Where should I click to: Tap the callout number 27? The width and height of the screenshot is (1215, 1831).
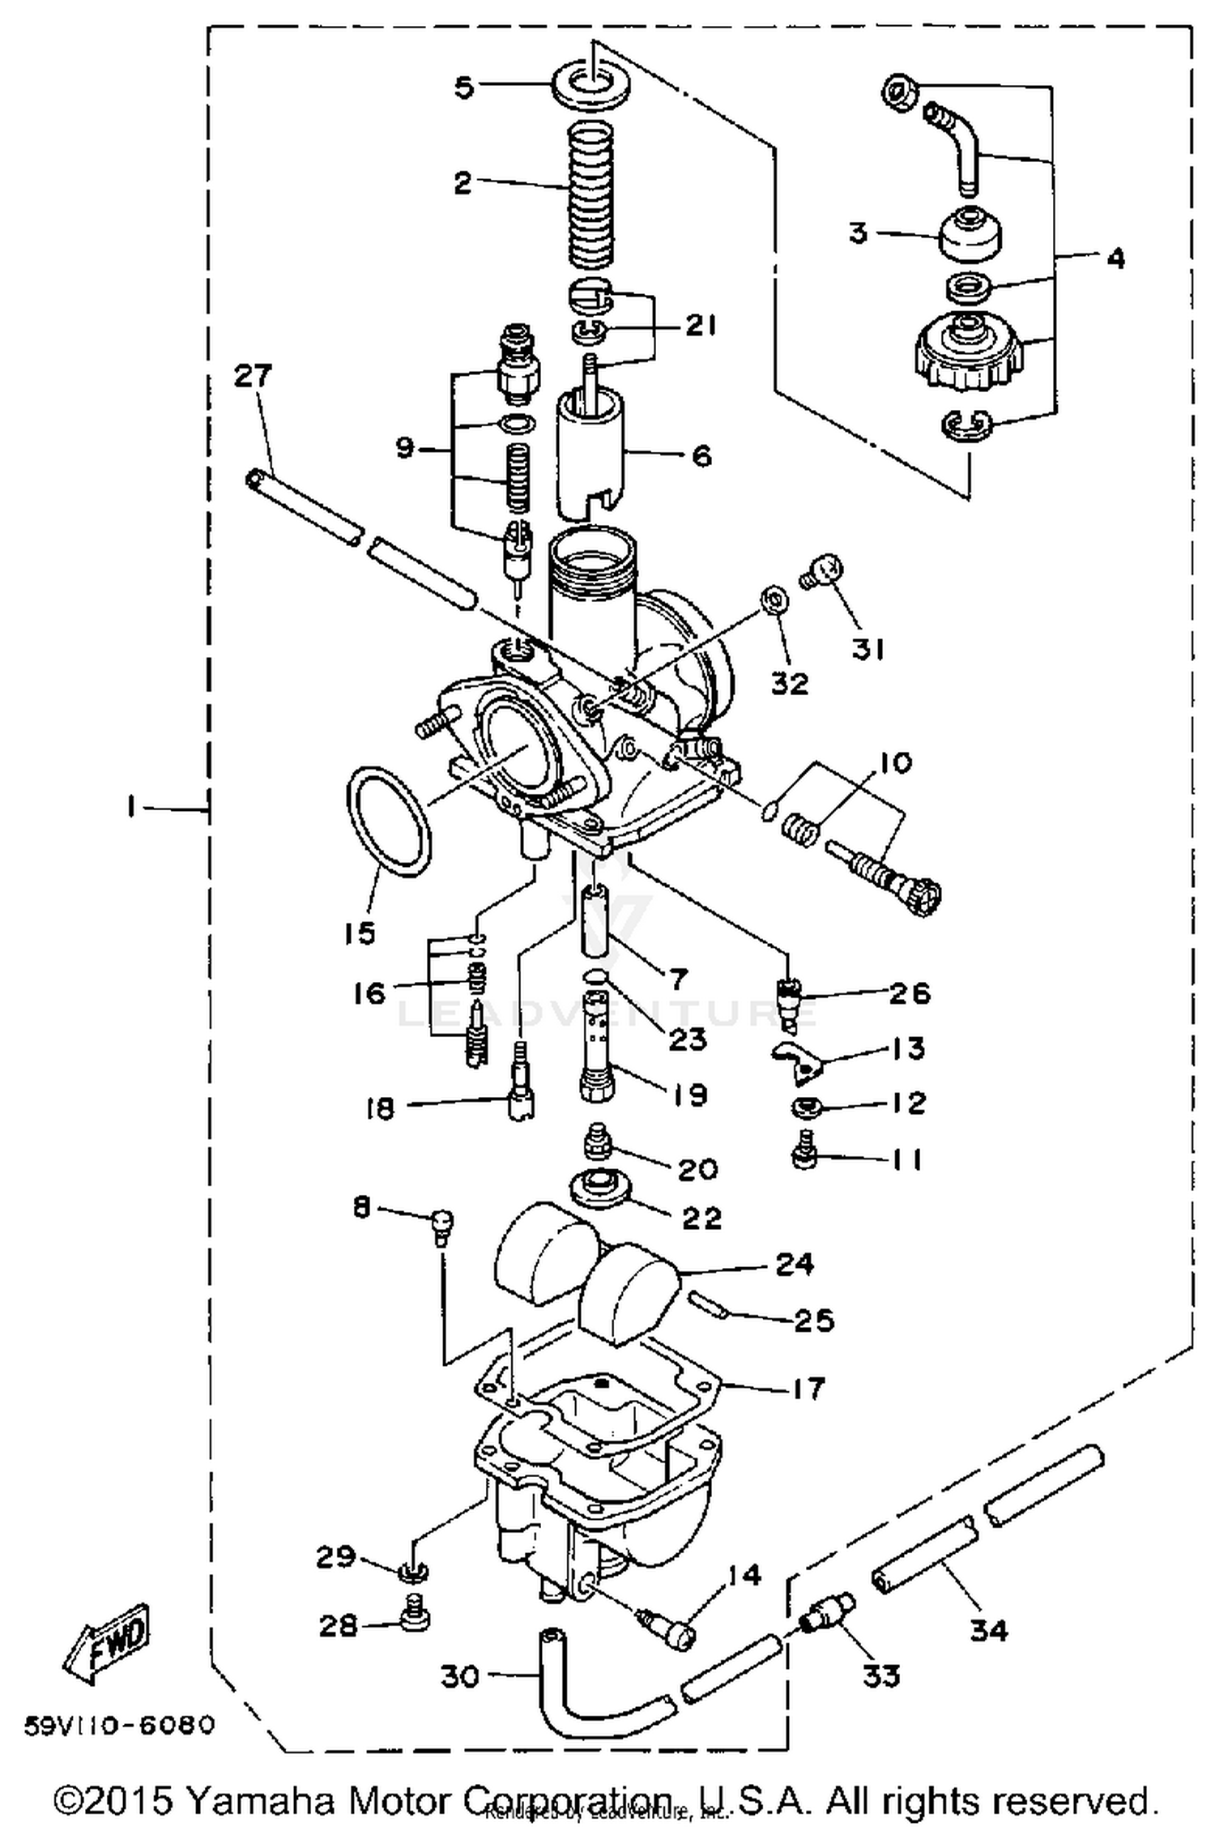pos(254,376)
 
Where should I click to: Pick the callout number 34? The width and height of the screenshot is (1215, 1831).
pos(989,1629)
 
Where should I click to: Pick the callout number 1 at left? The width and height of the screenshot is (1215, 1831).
pos(130,808)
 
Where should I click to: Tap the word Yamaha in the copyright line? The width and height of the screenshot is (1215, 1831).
pos(252,1801)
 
